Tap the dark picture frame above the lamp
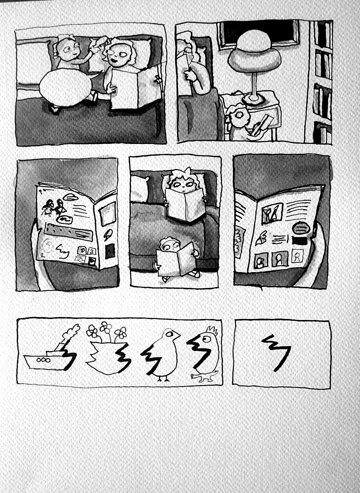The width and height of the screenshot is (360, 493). (x=259, y=30)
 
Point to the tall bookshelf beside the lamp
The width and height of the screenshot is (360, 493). (x=323, y=81)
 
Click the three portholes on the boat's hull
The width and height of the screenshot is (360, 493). (x=44, y=359)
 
